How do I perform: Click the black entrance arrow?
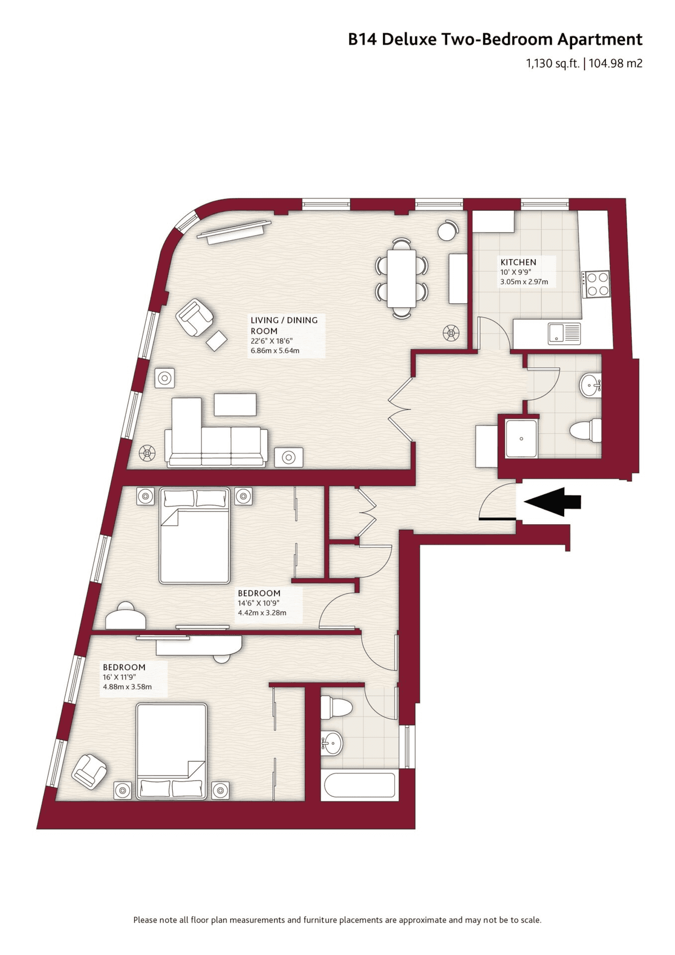pos(552,502)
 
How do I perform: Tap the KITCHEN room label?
pos(518,262)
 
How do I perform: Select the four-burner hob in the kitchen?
pos(597,285)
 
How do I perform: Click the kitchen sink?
pos(564,333)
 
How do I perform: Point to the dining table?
pos(401,278)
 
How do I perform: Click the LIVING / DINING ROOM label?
pos(284,325)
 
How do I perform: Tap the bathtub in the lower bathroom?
pos(359,785)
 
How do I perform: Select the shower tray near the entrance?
pos(521,438)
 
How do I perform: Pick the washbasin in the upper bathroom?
pos(591,386)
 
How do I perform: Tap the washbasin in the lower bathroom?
pos(331,743)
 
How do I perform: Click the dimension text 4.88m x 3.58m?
pos(127,687)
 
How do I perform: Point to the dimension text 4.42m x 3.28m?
pos(262,612)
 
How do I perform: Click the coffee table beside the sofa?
pos(235,404)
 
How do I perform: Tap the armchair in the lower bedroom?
pos(89,771)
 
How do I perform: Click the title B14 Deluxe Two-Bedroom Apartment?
pos(495,39)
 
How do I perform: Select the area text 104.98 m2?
pos(615,64)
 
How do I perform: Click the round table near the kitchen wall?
pos(447,231)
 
